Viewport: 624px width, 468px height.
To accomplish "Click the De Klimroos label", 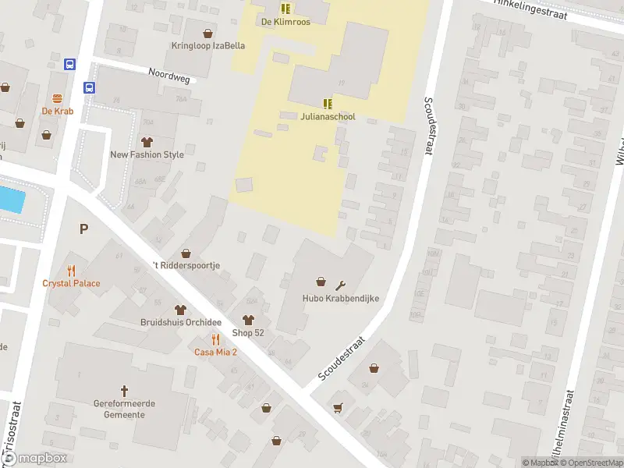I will [285, 22].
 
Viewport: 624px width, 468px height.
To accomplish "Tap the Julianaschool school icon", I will [328, 104].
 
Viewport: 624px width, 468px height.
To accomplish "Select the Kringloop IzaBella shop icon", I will [207, 34].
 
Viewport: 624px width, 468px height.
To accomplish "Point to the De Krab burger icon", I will [58, 98].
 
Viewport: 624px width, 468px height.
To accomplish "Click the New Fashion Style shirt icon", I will [147, 142].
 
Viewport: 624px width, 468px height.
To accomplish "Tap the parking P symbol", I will [83, 229].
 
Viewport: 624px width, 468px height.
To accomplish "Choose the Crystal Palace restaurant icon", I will [71, 271].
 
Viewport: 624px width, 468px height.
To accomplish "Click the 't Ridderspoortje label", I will [186, 265].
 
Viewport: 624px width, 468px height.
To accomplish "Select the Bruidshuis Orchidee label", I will [181, 322].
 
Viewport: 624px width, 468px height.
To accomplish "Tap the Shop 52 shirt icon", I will [248, 320].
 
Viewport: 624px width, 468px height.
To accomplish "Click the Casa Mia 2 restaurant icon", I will [216, 339].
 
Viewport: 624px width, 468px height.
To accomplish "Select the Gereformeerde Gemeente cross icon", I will [124, 390].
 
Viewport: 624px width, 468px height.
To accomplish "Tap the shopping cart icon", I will [338, 407].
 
